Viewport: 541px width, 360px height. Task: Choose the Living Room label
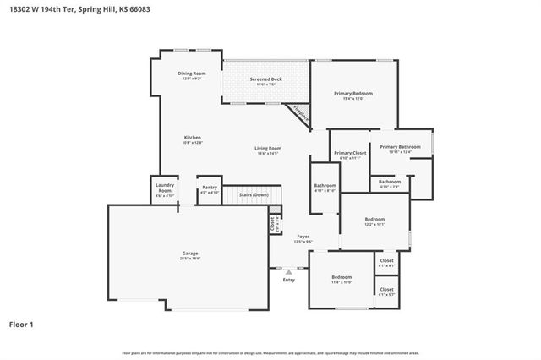click(x=268, y=150)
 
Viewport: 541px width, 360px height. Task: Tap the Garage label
click(x=190, y=254)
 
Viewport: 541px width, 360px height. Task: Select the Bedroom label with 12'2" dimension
click(x=374, y=221)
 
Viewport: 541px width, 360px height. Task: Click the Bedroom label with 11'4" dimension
click(x=342, y=279)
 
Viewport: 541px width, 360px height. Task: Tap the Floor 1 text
click(x=21, y=324)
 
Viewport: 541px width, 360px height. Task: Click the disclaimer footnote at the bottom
click(x=270, y=352)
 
